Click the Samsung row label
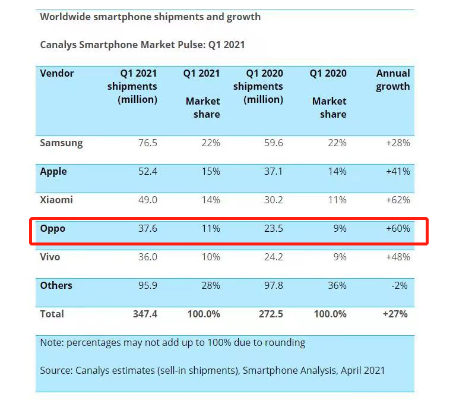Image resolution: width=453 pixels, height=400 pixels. [61, 143]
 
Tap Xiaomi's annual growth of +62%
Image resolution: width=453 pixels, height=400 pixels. [397, 200]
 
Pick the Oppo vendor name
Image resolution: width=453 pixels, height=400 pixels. [53, 228]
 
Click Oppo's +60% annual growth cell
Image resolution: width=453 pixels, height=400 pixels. [397, 228]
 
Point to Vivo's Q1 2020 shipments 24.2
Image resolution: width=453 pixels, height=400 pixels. [272, 257]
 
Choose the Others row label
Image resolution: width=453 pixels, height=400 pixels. [56, 285]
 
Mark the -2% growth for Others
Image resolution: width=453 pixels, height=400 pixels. [400, 285]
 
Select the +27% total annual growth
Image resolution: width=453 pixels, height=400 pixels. [396, 314]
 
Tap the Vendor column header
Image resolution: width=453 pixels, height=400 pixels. [57, 73]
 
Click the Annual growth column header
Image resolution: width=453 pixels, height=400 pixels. [393, 80]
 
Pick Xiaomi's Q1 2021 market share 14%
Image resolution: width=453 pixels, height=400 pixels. [210, 200]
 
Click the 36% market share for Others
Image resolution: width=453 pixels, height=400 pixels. [337, 285]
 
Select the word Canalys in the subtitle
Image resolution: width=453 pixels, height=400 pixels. [60, 45]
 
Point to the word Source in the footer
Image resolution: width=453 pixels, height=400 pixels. [56, 370]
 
